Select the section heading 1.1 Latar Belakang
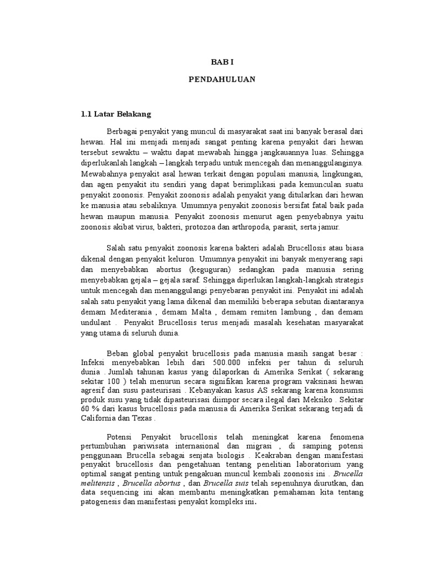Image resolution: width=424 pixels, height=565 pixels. tap(115, 114)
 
